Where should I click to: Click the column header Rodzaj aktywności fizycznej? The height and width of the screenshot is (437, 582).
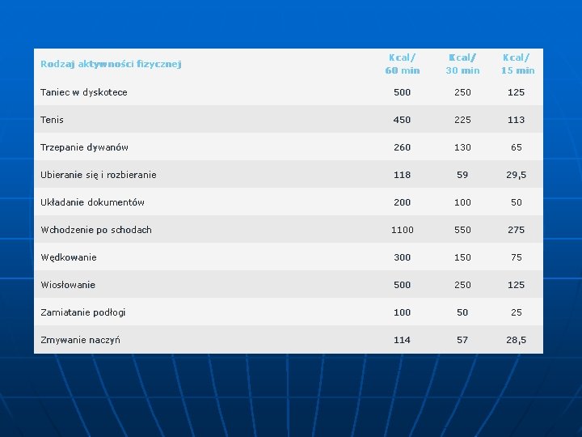pyautogui.click(x=111, y=64)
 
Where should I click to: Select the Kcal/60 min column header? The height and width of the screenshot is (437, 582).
pyautogui.click(x=403, y=64)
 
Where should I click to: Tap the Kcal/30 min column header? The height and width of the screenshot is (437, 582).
pyautogui.click(x=462, y=64)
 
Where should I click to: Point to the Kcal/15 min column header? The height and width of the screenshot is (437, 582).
pyautogui.click(x=518, y=64)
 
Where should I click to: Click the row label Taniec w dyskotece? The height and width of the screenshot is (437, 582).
pyautogui.click(x=84, y=92)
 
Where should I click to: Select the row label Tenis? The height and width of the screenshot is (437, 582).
pyautogui.click(x=52, y=120)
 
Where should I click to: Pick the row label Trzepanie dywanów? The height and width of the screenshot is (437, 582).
pyautogui.click(x=84, y=147)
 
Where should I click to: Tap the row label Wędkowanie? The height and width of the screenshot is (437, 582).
pyautogui.click(x=69, y=257)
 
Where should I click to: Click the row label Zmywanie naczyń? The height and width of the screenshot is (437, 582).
pyautogui.click(x=81, y=340)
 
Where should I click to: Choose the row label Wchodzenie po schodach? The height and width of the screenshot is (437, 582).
pyautogui.click(x=96, y=230)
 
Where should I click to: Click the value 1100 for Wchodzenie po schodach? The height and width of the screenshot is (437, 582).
pyautogui.click(x=403, y=230)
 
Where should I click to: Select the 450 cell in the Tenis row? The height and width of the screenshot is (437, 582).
pyautogui.click(x=402, y=120)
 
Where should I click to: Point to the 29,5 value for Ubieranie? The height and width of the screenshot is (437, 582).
pyautogui.click(x=517, y=175)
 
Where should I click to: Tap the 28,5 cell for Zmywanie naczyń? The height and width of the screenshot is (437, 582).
pyautogui.click(x=517, y=340)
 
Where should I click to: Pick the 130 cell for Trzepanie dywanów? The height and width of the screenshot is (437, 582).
pyautogui.click(x=462, y=147)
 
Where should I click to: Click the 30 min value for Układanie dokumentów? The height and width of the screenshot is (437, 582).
pyautogui.click(x=462, y=202)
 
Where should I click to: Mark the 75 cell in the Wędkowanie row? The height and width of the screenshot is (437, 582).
pyautogui.click(x=517, y=257)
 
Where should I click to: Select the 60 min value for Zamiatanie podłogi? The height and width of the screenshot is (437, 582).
pyautogui.click(x=402, y=312)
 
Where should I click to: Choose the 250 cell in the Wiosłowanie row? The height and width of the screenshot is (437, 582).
pyautogui.click(x=462, y=285)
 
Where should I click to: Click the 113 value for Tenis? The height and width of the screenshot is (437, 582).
pyautogui.click(x=517, y=120)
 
